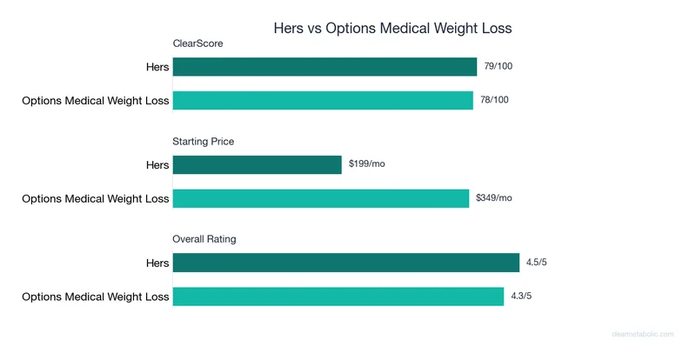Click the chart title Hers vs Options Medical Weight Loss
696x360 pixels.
pyautogui.click(x=392, y=28)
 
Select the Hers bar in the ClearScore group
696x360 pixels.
pyautogui.click(x=325, y=67)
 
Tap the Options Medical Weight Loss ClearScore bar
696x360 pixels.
pyautogui.click(x=323, y=101)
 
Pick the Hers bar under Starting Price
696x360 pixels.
pyautogui.click(x=258, y=164)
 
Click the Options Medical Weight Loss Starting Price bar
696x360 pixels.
pyautogui.click(x=321, y=198)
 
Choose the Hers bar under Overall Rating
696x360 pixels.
pyautogui.click(x=345, y=263)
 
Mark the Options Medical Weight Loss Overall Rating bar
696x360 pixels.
pyautogui.click(x=338, y=297)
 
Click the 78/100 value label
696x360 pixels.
pyautogui.click(x=494, y=100)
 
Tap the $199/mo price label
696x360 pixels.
pyautogui.click(x=366, y=163)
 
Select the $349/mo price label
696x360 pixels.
pyautogui.click(x=494, y=197)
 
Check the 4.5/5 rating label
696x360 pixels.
pyautogui.click(x=537, y=262)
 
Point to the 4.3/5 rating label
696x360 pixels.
pyautogui.click(x=523, y=296)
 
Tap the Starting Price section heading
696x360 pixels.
pyautogui.click(x=204, y=141)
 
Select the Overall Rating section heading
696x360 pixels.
pyautogui.click(x=204, y=238)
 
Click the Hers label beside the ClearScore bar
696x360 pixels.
pyautogui.click(x=157, y=67)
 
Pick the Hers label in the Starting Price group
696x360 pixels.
pyautogui.click(x=157, y=164)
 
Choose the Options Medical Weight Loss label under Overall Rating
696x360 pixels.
pyautogui.click(x=96, y=297)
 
